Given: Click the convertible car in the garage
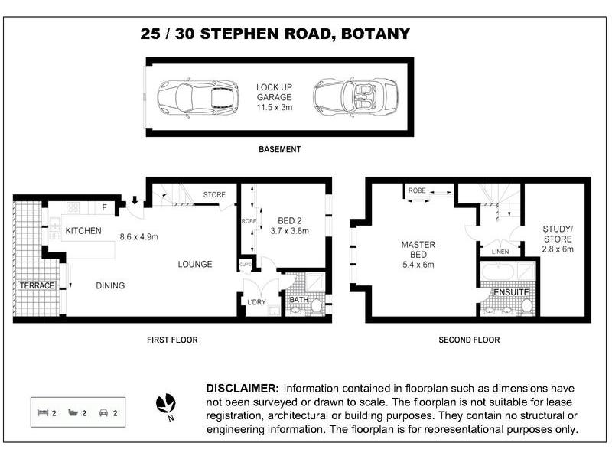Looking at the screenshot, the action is pos(356,97).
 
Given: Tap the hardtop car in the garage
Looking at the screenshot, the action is pos(198,98).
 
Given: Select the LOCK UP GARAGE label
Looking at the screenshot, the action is pos(274,92).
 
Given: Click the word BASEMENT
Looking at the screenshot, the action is pos(280,149).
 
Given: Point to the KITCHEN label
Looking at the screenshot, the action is pos(83,231).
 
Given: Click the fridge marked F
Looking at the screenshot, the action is pos(104,207).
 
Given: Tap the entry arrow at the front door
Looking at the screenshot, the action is pos(135,200).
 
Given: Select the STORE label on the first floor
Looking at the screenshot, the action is pos(214,194).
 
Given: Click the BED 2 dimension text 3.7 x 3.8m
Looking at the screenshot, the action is pos(290,231).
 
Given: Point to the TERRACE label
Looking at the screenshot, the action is pos(37,285).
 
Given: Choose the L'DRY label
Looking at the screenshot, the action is pos(256,301).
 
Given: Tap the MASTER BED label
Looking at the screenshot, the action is pos(418,249).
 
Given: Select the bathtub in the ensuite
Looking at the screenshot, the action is pos(498,272).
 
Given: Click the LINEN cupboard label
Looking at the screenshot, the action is pos(500,252).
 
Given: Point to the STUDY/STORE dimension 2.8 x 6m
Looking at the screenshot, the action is pos(558,249).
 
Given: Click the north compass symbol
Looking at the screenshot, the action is pos(166,404).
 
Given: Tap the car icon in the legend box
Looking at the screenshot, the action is pos(103,412).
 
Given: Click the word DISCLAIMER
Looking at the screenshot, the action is pos(243,389).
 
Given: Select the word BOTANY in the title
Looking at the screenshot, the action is pos(376,34).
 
